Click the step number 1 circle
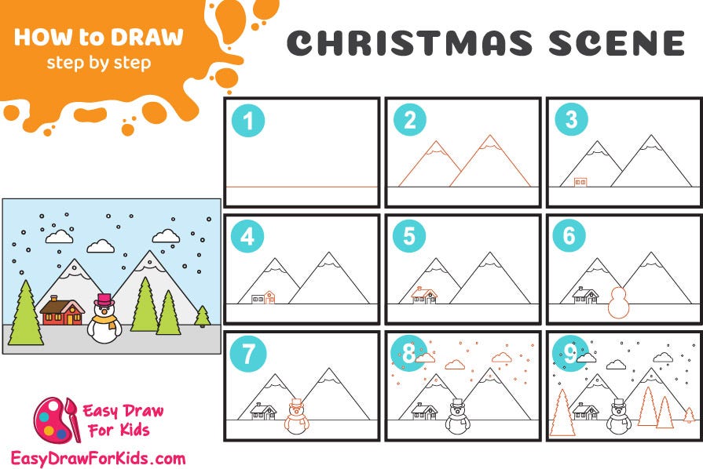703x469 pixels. coord(248,121)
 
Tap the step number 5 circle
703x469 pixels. coord(409,236)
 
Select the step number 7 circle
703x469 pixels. coord(248,354)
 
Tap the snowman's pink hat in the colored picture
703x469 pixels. coord(103,300)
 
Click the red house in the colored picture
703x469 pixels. coord(62,311)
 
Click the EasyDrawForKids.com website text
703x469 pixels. coord(98,457)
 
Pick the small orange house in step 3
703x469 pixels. coord(580,182)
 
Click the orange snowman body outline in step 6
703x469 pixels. coord(620,304)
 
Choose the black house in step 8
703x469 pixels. coord(424,411)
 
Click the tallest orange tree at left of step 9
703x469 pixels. coord(562,412)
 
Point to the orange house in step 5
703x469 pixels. coord(424,295)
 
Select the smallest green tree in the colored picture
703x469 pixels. coord(202,316)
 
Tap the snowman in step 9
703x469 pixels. coord(619,416)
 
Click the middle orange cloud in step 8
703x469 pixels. coord(455,365)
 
